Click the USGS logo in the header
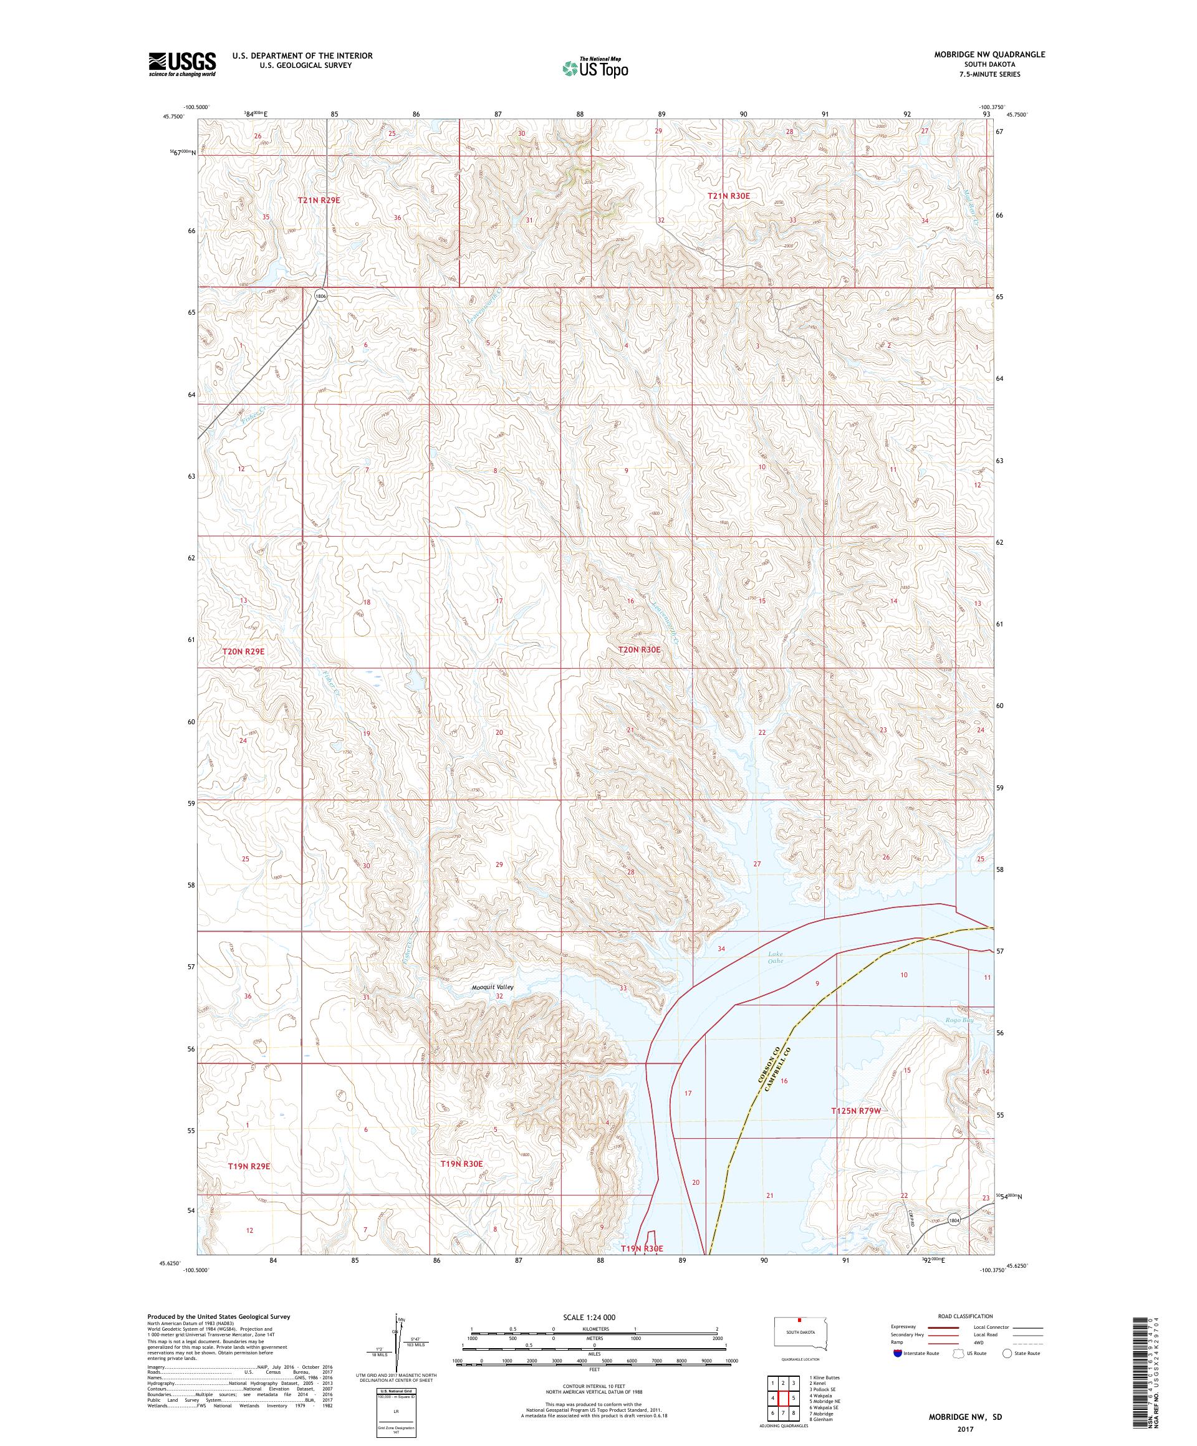pyautogui.click(x=183, y=64)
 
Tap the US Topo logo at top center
pyautogui.click(x=595, y=67)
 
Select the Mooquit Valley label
pyautogui.click(x=493, y=987)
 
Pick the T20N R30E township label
pyautogui.click(x=639, y=649)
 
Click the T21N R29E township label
pyautogui.click(x=319, y=199)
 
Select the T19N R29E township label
pyautogui.click(x=249, y=1166)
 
